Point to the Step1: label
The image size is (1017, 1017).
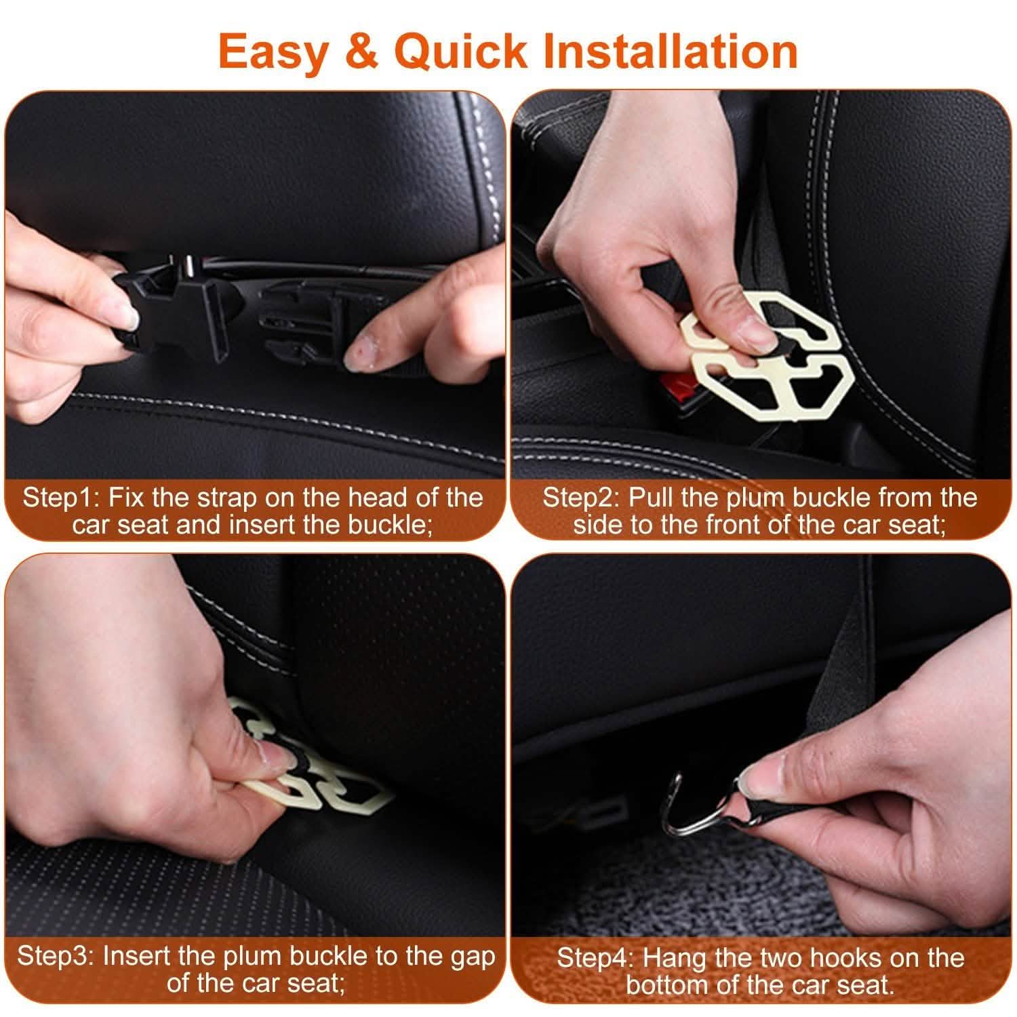coord(62,498)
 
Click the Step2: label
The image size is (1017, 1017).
coord(581,498)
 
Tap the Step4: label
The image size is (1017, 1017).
coord(595,958)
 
